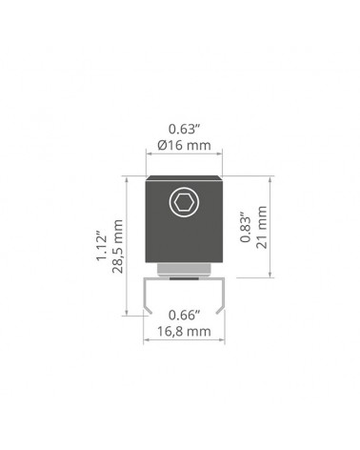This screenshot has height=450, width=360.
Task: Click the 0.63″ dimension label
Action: click(x=184, y=129)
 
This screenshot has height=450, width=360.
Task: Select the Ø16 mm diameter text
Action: click(x=184, y=146)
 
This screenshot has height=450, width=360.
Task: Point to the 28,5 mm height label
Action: click(x=117, y=246)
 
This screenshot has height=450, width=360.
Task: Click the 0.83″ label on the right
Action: click(x=246, y=226)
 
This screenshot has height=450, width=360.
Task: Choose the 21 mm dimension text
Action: click(x=262, y=227)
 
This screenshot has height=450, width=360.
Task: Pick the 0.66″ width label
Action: click(x=185, y=316)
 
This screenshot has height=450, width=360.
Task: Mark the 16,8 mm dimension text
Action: click(x=184, y=332)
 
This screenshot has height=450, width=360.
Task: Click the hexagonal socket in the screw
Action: click(x=184, y=202)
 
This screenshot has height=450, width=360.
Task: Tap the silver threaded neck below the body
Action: click(x=184, y=269)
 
